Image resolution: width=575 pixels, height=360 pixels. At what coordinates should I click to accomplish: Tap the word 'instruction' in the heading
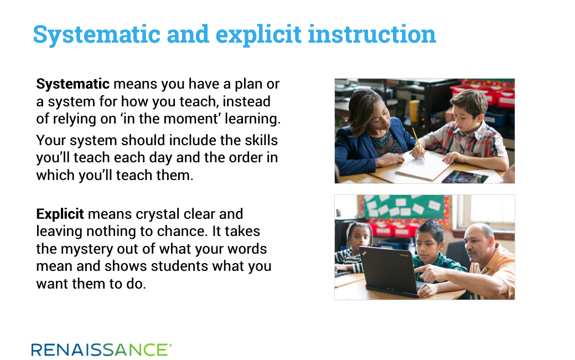pyautogui.click(x=372, y=34)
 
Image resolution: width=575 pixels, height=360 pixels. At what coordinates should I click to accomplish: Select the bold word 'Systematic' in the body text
pyautogui.click(x=72, y=84)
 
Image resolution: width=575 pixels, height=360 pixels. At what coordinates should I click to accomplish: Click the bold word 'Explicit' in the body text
pyautogui.click(x=60, y=214)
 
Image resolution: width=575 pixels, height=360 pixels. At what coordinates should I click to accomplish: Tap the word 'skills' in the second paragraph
pyautogui.click(x=261, y=140)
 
